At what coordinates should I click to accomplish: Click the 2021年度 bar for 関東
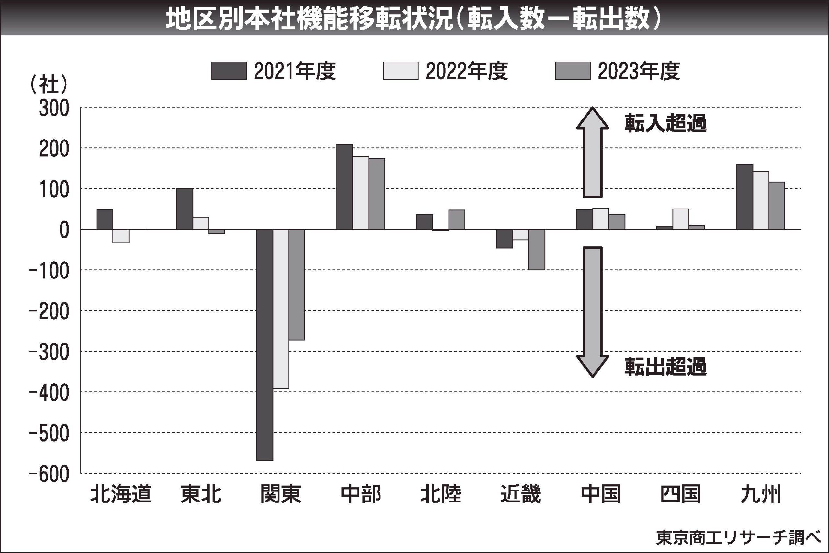(x=265, y=344)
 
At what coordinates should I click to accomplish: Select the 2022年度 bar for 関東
(x=281, y=309)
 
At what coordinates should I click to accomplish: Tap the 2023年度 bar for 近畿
(x=537, y=249)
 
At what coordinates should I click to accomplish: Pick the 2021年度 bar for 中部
(x=345, y=186)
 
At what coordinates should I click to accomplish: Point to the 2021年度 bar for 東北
(x=185, y=209)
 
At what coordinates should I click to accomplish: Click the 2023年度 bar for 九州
(x=777, y=206)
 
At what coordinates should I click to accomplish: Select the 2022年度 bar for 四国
(x=681, y=219)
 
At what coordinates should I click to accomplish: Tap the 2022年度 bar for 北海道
(x=121, y=236)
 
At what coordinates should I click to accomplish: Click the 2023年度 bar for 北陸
(x=457, y=220)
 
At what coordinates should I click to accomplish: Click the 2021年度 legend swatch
(x=229, y=71)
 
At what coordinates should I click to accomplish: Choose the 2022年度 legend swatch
(x=401, y=71)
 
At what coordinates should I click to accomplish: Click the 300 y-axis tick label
(x=54, y=109)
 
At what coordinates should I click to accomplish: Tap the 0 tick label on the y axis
(x=64, y=231)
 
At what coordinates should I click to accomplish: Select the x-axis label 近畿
(x=521, y=494)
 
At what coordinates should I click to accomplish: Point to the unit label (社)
(x=49, y=85)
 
